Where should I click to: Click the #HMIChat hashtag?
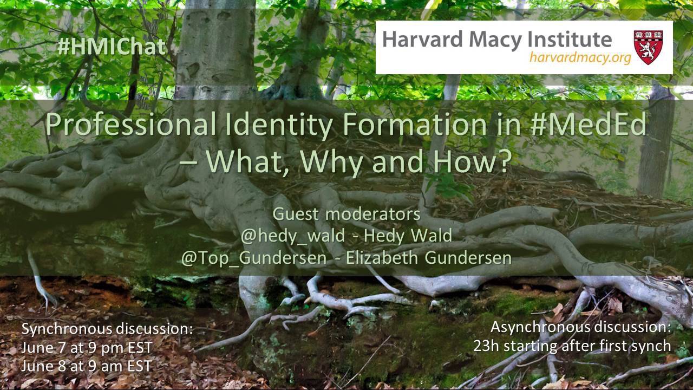pos(112,47)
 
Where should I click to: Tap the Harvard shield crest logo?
pos(648,47)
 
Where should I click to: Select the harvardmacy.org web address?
pos(580,57)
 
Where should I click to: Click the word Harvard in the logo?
pos(423,40)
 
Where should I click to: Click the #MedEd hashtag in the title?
pos(588,124)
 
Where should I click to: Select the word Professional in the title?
pos(131,124)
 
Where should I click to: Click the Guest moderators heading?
pos(346,214)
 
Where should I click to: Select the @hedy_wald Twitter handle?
pos(293,236)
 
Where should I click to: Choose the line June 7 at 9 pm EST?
pos(87,348)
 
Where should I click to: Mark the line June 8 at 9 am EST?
pos(86,366)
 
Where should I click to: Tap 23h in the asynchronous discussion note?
pos(486,346)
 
